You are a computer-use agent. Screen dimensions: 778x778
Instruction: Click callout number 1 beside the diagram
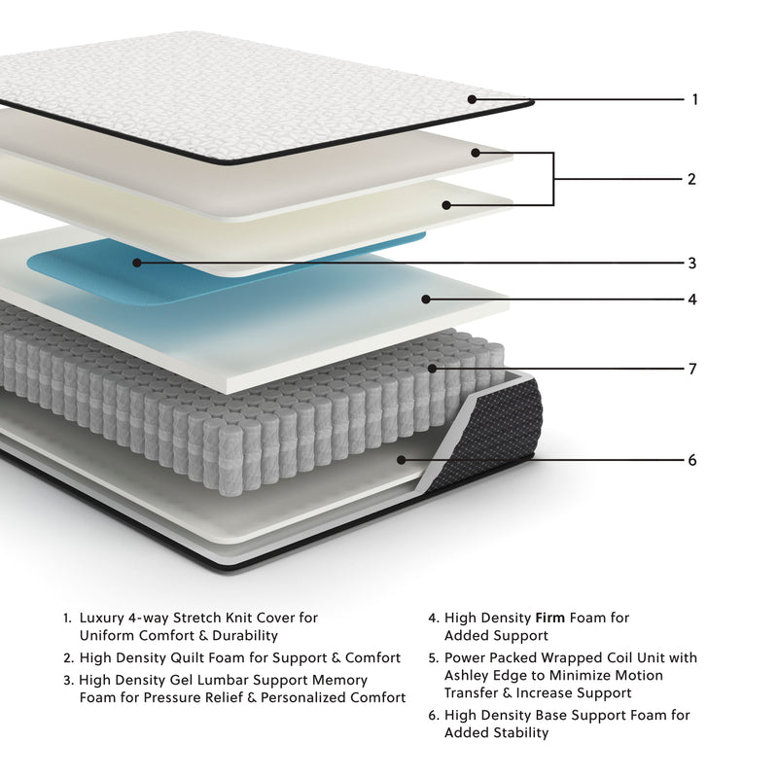point(694,99)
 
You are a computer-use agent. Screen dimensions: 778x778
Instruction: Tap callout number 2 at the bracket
point(691,179)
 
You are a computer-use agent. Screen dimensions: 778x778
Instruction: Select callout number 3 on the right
point(691,263)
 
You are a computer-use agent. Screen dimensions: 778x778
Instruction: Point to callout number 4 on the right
point(691,300)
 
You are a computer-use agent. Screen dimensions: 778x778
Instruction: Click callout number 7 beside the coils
point(691,370)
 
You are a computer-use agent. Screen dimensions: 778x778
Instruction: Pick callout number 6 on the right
point(691,460)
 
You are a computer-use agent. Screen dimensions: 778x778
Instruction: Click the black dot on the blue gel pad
point(137,263)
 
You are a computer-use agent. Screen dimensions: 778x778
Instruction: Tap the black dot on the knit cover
point(472,99)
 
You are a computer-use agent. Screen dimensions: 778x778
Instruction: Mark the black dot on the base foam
point(400,460)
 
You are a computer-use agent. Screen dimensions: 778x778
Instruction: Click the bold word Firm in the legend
point(550,618)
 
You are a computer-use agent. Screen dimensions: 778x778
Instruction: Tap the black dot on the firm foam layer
point(424,300)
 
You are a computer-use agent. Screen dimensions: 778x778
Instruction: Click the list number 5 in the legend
point(432,658)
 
